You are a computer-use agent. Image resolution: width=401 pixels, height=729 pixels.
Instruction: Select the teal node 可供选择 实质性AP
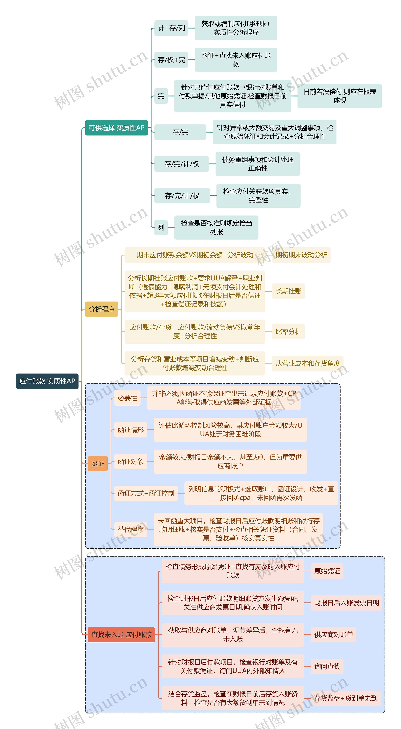116,128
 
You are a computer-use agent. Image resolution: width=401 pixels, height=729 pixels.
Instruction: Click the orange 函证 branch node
98,464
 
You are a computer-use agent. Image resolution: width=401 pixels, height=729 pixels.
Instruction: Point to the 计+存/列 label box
171,28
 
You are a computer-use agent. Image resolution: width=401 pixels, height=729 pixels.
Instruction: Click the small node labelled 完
161,96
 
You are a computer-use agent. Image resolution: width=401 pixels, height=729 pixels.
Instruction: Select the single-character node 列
161,228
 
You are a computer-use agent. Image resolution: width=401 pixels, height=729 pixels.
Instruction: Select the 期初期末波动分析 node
301,255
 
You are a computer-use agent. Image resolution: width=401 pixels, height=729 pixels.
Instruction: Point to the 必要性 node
127,398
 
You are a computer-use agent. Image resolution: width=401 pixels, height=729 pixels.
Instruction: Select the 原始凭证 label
327,571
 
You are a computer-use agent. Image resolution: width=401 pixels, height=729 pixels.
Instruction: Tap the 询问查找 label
327,667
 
